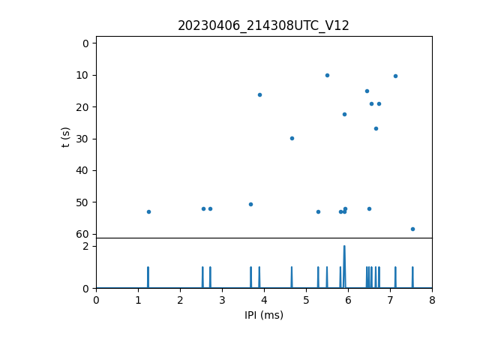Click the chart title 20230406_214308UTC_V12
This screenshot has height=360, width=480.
pyautogui.click(x=263, y=25)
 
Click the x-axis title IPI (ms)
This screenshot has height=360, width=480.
pyautogui.click(x=264, y=315)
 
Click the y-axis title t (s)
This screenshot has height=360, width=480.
pyautogui.click(x=66, y=137)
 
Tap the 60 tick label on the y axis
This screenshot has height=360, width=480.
pyautogui.click(x=83, y=234)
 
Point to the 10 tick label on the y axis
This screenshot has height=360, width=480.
pyautogui.click(x=83, y=75)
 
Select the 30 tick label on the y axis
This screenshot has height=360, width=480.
pyautogui.click(x=83, y=139)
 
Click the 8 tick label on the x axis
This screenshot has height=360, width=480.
pyautogui.click(x=432, y=301)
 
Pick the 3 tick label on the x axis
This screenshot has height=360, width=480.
pyautogui.click(x=222, y=301)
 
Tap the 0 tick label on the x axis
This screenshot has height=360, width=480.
pyautogui.click(x=96, y=301)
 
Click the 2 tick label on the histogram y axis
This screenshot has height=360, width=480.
pyautogui.click(x=86, y=246)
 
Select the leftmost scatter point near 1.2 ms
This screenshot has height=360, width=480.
pyautogui.click(x=148, y=211)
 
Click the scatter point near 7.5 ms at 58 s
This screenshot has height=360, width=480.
pyautogui.click(x=412, y=229)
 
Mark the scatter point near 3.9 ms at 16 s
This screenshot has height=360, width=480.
pyautogui.click(x=259, y=94)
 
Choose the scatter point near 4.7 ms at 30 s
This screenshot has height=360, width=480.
pyautogui.click(x=292, y=138)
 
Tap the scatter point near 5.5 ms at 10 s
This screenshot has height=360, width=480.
pyautogui.click(x=327, y=75)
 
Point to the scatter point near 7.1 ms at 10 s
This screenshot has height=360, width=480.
pyautogui.click(x=395, y=76)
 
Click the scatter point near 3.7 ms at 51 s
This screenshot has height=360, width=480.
pyautogui.click(x=250, y=204)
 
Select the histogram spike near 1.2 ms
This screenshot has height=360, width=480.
pyautogui.click(x=148, y=277)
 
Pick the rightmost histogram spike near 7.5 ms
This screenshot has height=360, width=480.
pyautogui.click(x=412, y=277)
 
